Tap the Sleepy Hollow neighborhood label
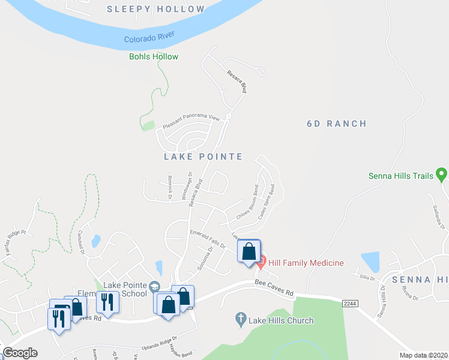[155, 9]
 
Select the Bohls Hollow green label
[154, 57]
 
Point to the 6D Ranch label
[336, 124]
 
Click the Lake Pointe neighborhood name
[203, 157]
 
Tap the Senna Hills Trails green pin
[442, 175]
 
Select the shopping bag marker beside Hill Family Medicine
[249, 251]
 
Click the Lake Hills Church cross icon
[241, 319]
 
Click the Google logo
[20, 353]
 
